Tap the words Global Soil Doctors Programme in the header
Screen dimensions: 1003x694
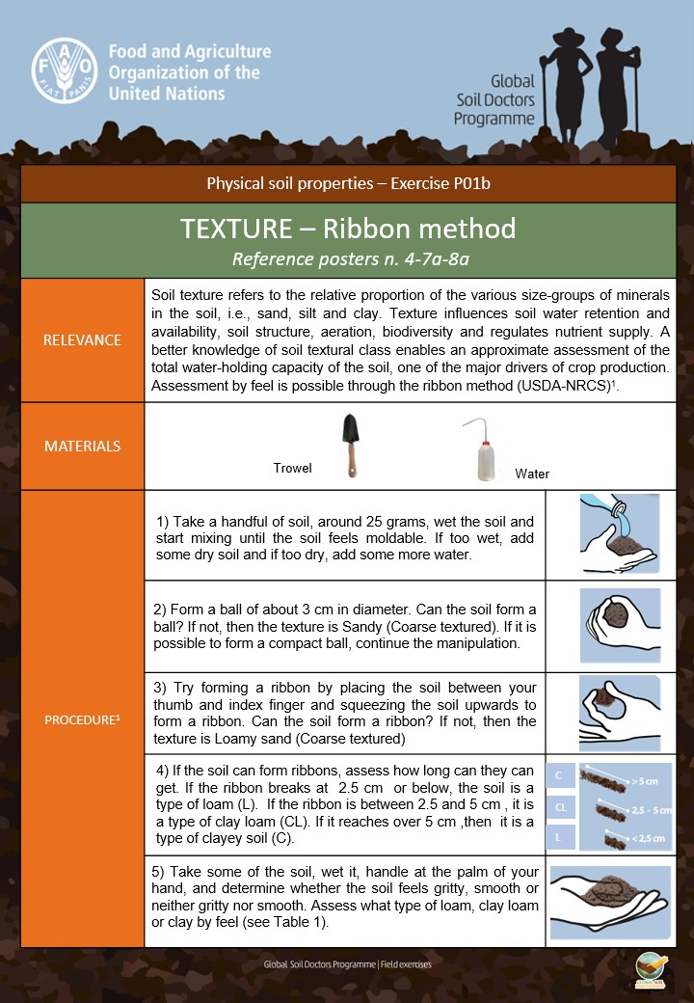[x=494, y=100]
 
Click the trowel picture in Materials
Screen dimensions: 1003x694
[x=348, y=445]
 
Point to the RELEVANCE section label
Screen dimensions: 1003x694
[x=83, y=339]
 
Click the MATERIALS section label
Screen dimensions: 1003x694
[x=83, y=446]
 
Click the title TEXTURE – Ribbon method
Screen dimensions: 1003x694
[x=347, y=229]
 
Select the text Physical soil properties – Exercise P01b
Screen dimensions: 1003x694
[x=347, y=183]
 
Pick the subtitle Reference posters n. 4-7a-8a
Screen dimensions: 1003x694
[x=347, y=258]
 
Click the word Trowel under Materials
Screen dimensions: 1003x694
[x=293, y=468]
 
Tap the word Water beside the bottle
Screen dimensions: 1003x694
[x=532, y=474]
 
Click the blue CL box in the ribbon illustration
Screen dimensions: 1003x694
[x=560, y=806]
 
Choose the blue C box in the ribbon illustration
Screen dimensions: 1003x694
[x=560, y=774]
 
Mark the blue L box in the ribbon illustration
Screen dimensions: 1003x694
[x=560, y=837]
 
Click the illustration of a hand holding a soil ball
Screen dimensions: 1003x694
[x=620, y=626]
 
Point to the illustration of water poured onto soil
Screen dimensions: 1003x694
[x=620, y=534]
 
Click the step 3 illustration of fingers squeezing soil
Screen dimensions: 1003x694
[x=620, y=712]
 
